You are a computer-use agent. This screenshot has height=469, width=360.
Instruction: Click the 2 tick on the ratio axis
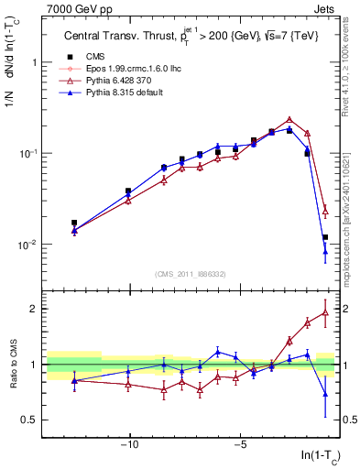click(36, 309)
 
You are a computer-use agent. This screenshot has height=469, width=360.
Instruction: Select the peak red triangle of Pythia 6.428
click(289, 120)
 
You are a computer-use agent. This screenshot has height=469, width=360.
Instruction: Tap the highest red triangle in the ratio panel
click(325, 312)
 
